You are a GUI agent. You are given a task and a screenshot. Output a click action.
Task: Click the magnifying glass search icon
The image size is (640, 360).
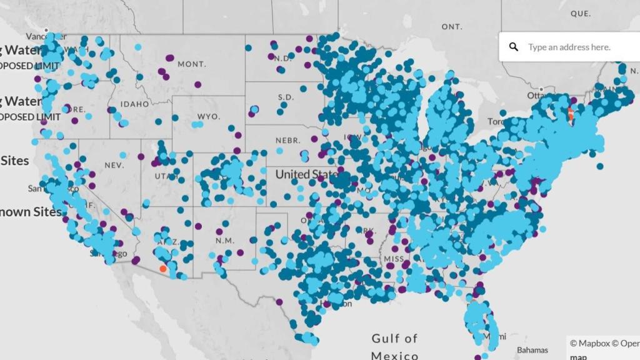pos(514,47)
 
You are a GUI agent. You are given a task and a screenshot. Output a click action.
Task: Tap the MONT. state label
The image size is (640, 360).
pos(192,64)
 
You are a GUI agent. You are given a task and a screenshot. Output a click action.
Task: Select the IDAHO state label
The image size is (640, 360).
pos(135,104)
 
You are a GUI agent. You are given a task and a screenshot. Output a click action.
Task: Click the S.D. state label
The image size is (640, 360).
pos(286,97)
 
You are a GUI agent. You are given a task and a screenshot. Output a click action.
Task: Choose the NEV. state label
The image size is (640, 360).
pos(114,165)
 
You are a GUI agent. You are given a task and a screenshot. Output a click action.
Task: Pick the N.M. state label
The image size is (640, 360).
pos(224,241)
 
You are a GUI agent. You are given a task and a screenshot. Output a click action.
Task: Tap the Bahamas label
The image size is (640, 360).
pos(532,350)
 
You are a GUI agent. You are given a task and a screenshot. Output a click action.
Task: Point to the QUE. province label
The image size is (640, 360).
pos(581,12)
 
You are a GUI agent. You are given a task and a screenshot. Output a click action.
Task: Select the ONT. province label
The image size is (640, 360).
pos(452,27)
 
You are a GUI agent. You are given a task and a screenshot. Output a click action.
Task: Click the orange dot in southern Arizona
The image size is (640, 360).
pos(163,269)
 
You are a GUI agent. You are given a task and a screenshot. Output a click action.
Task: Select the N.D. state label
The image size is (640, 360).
pos(282,58)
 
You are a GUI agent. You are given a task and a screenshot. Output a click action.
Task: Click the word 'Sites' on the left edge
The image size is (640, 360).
pos(14,161)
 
